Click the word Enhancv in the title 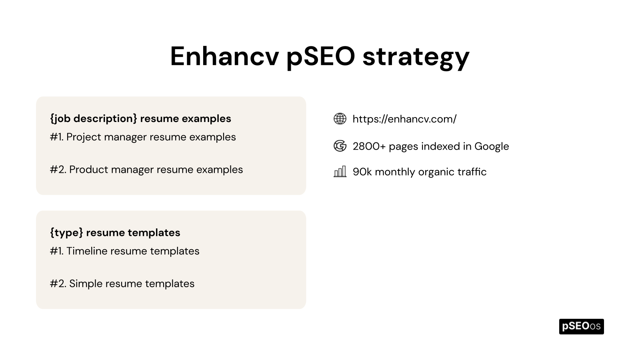pyautogui.click(x=224, y=56)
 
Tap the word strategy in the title pyautogui.click(x=416, y=57)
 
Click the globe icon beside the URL pyautogui.click(x=340, y=119)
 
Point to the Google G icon pyautogui.click(x=340, y=146)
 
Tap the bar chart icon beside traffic pyautogui.click(x=340, y=172)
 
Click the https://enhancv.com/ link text pyautogui.click(x=404, y=119)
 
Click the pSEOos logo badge pyautogui.click(x=581, y=326)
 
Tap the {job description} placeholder pyautogui.click(x=94, y=119)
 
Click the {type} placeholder pyautogui.click(x=66, y=233)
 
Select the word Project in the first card pyautogui.click(x=84, y=137)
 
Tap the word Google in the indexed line pyautogui.click(x=492, y=146)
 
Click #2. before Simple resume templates pyautogui.click(x=58, y=284)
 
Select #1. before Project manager pyautogui.click(x=57, y=137)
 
